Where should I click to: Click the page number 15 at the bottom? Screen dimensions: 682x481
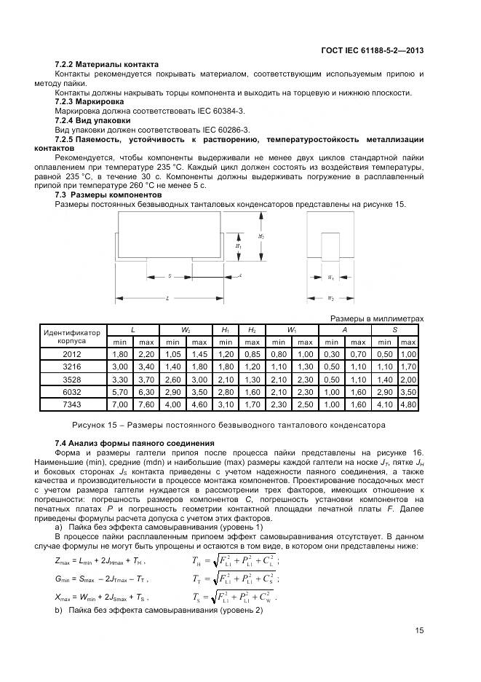[420, 631]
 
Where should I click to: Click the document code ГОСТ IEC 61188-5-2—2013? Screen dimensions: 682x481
[372, 50]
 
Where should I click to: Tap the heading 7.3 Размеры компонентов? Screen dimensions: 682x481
[108, 195]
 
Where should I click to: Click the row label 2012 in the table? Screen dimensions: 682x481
[73, 353]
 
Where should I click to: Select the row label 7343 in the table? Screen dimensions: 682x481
[73, 403]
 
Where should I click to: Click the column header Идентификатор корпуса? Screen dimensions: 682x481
[73, 336]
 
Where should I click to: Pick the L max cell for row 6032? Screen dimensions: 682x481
[146, 391]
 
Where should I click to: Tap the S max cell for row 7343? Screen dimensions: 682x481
[408, 403]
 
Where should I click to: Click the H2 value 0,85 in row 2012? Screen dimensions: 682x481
[252, 353]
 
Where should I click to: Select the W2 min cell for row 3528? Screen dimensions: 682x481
[173, 378]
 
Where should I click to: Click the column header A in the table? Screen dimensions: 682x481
[344, 330]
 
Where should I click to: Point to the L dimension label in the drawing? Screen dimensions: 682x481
[167, 299]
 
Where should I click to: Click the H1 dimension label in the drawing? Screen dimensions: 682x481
[238, 246]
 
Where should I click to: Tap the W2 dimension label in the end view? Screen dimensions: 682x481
[330, 299]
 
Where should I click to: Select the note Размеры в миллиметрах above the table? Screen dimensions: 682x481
[377, 318]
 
